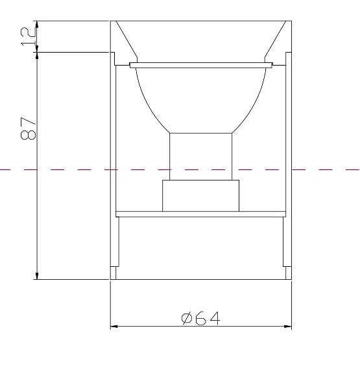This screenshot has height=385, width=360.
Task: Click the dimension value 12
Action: [x=27, y=36]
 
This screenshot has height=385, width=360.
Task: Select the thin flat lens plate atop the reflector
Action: [x=201, y=65]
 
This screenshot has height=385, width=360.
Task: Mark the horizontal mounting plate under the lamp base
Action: [x=201, y=214]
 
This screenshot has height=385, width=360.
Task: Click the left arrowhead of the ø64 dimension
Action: [x=114, y=326]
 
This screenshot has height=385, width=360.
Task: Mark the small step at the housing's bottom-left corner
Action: [x=114, y=273]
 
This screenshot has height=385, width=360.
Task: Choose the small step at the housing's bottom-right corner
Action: [x=287, y=273]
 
